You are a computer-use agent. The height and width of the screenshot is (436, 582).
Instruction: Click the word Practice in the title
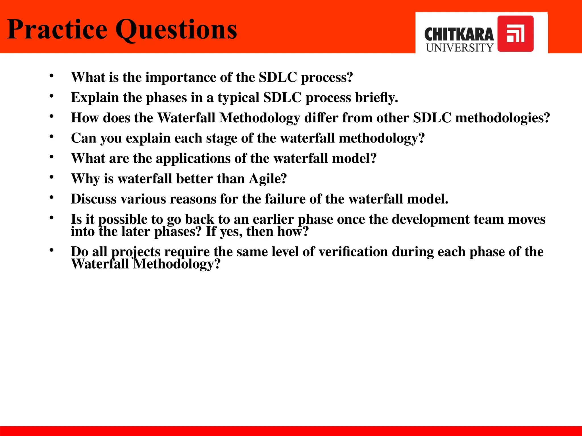[x=57, y=30]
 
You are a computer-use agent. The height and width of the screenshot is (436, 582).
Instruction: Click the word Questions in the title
[x=176, y=30]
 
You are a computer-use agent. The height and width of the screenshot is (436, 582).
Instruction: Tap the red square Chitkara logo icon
[x=515, y=34]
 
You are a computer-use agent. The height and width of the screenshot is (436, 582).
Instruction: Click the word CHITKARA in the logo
[x=459, y=35]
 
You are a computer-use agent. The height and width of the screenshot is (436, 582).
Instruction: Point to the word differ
[x=321, y=118]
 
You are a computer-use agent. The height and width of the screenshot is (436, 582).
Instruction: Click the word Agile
[x=267, y=179]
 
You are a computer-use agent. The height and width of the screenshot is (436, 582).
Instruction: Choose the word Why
[x=85, y=179]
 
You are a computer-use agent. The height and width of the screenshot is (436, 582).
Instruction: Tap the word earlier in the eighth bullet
[x=273, y=219]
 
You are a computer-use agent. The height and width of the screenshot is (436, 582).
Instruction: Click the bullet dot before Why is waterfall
[x=51, y=177]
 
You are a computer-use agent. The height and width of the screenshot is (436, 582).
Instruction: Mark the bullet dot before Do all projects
[x=51, y=250]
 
